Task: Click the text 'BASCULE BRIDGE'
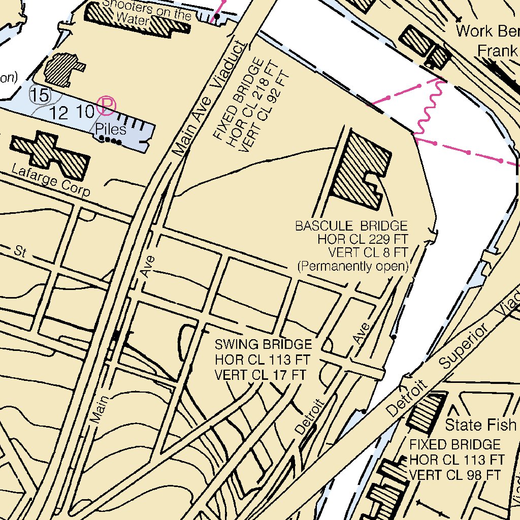coord(351,225)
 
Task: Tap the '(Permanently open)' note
coord(353,266)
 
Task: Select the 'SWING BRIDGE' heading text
coord(263,345)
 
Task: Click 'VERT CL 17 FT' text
coord(261,375)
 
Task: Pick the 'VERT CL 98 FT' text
coord(455,475)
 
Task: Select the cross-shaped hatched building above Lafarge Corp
coord(50,155)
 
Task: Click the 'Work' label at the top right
coord(474,31)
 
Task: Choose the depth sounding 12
coord(59,113)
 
